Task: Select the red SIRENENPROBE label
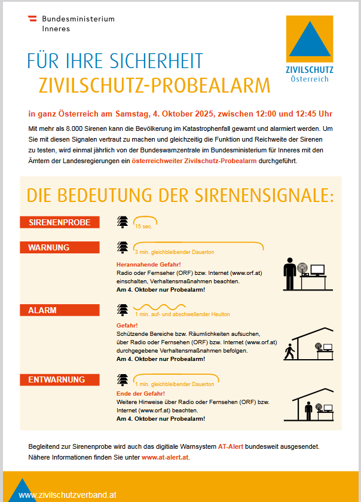click(x=60, y=222)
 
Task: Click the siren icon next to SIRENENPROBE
click(x=123, y=222)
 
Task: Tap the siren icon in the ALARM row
click(x=123, y=310)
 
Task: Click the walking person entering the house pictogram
click(x=290, y=353)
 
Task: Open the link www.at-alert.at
click(x=165, y=458)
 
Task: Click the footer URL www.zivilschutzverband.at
click(x=67, y=495)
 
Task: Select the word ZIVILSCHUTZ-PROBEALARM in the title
click(x=154, y=85)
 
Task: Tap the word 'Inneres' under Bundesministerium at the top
click(x=56, y=28)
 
